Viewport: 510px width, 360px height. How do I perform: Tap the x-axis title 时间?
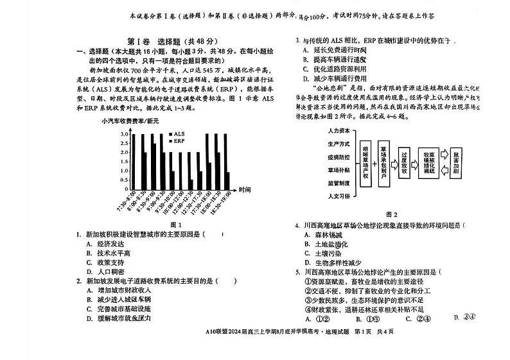point(245,190)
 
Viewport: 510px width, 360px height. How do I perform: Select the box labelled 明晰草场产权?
point(365,163)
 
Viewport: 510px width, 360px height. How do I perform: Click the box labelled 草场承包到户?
point(383,163)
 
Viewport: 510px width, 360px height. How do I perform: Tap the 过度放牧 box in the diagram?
point(405,163)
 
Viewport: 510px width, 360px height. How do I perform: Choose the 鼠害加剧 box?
point(456,163)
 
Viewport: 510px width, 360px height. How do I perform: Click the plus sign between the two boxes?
point(374,163)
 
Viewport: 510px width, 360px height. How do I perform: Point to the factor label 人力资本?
point(339,131)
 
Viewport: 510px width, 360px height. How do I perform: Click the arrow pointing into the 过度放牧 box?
point(394,163)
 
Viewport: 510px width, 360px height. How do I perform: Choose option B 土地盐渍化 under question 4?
point(326,244)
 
